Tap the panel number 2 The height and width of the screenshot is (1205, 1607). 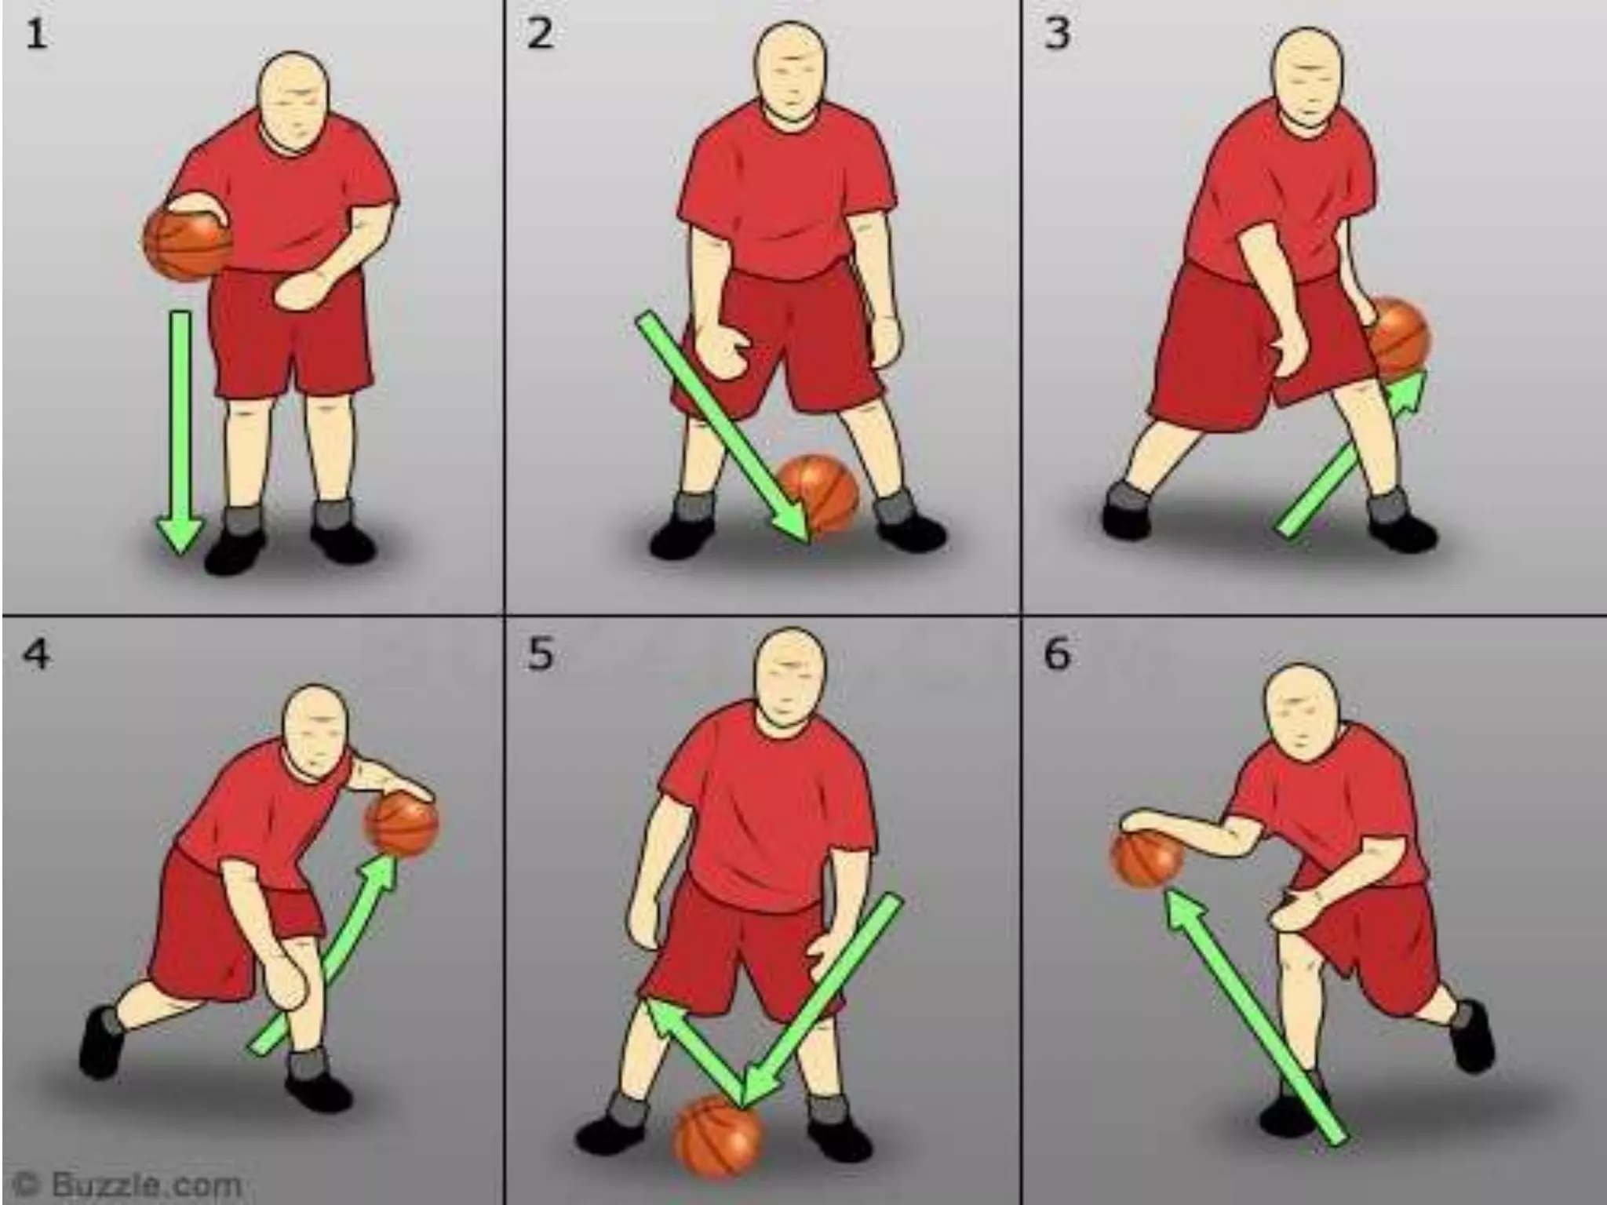coord(539,35)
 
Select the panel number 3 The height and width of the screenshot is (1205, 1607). coord(1057,35)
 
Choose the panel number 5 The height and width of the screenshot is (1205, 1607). coord(539,653)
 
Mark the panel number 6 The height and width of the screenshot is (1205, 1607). coord(1057,653)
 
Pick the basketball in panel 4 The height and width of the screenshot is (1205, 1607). coord(402,825)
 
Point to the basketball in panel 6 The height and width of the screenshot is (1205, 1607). coord(1146,860)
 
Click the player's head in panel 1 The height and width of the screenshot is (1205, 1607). coord(293,100)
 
